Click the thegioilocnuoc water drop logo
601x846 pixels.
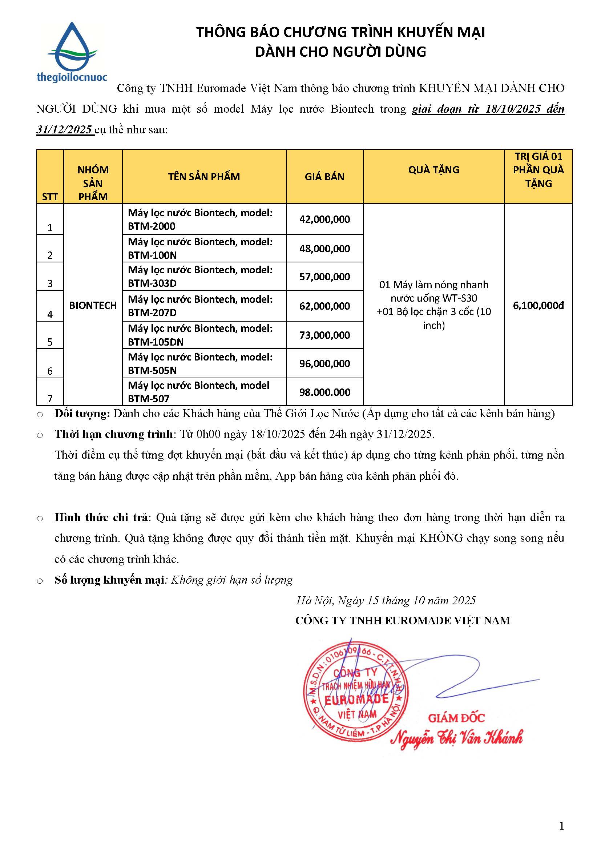coord(72,51)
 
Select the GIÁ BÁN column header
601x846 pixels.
coord(324,177)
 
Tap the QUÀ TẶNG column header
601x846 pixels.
coord(434,170)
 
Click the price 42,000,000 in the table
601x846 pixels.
coord(324,219)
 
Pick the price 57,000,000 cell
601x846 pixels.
coord(324,277)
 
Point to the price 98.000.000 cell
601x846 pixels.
coord(324,392)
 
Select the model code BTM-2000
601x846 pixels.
coord(152,226)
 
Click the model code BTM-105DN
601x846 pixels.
coord(156,342)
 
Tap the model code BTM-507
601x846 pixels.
coord(148,399)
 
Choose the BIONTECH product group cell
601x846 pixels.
coord(93,305)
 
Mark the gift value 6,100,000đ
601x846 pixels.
coord(538,305)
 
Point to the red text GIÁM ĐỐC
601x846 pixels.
coord(456,718)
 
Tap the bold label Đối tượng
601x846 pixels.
coord(82,414)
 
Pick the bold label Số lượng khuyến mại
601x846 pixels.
coord(109,580)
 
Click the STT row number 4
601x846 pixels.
coord(50,314)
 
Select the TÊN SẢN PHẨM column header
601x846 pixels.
coord(204,177)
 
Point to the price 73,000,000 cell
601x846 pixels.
coord(324,335)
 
